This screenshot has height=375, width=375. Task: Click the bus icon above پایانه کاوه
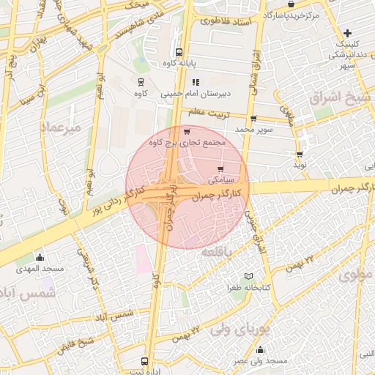(x=179, y=52)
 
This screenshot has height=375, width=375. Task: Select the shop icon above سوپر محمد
(x=253, y=119)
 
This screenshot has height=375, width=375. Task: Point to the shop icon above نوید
(x=300, y=155)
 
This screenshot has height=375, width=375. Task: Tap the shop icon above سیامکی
(x=220, y=169)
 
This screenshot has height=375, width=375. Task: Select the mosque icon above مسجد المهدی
(x=40, y=258)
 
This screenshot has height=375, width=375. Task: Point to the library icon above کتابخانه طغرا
(x=250, y=276)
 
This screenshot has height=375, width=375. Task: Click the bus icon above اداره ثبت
(x=144, y=361)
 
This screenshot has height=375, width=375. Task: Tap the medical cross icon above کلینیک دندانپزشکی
(x=348, y=33)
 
